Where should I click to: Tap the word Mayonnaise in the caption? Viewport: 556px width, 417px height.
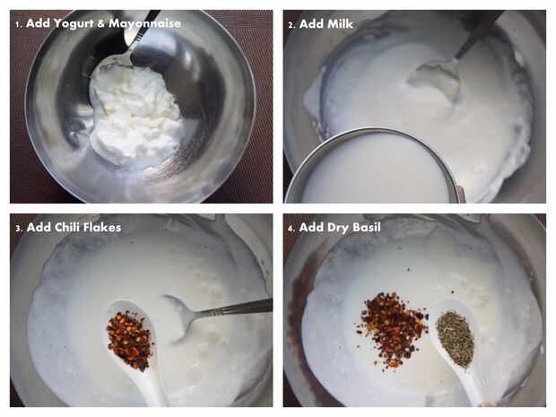click(x=144, y=23)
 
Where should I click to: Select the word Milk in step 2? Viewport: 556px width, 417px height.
click(x=340, y=24)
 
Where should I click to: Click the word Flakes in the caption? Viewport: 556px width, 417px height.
click(x=104, y=227)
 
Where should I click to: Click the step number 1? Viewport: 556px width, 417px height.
click(x=18, y=24)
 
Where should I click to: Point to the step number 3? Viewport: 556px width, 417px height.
click(x=19, y=228)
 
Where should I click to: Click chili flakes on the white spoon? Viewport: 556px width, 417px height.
click(x=130, y=340)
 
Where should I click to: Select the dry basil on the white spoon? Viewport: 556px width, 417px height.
click(x=455, y=338)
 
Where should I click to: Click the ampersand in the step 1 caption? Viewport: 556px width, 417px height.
click(x=101, y=24)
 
